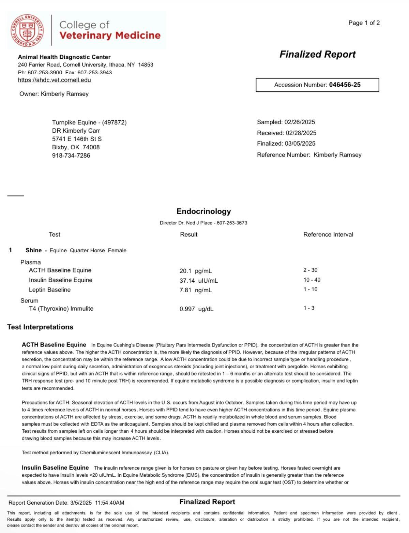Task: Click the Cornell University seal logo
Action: click(x=27, y=30)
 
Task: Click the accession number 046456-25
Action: click(x=345, y=85)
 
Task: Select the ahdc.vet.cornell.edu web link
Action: click(x=55, y=80)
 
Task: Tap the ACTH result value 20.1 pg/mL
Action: click(x=195, y=271)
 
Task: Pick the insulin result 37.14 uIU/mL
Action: click(x=198, y=281)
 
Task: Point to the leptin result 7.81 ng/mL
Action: click(x=195, y=290)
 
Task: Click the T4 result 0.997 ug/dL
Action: click(x=196, y=309)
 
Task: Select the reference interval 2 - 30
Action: click(x=310, y=270)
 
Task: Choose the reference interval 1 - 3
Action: click(x=309, y=308)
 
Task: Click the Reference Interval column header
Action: click(x=328, y=235)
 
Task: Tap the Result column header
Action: click(x=188, y=235)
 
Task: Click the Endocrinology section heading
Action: click(x=203, y=211)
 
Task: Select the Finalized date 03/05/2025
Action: click(x=300, y=144)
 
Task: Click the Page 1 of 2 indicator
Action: click(x=364, y=23)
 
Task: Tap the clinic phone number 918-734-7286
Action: click(x=71, y=156)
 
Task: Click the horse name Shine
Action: click(x=33, y=250)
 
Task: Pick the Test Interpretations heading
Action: click(x=40, y=327)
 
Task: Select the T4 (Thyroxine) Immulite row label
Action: click(x=61, y=309)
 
